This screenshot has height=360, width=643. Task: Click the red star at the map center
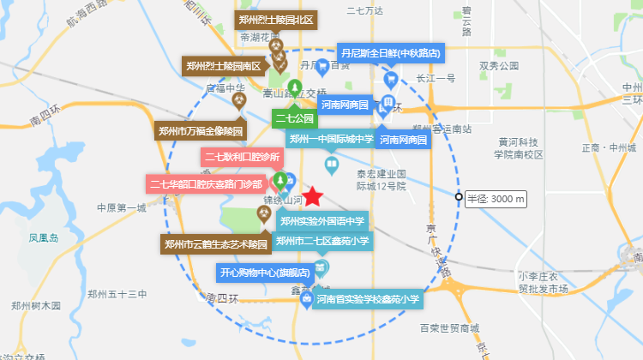point(314,197)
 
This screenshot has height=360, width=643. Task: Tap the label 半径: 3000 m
point(496,199)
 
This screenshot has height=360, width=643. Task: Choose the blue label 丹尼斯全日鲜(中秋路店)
point(391,53)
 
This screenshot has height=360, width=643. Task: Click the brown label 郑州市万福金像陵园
point(201,131)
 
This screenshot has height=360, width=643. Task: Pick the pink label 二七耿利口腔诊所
point(241,158)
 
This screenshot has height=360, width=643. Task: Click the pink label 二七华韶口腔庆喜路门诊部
point(206,183)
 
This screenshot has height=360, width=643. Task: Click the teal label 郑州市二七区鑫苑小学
point(321,241)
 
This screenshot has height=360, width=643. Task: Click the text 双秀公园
point(499,65)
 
